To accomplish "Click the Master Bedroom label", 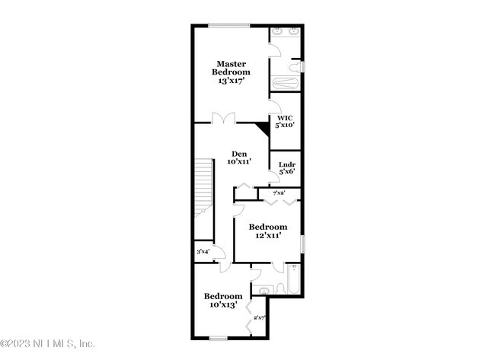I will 229,68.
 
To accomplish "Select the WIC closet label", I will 285,118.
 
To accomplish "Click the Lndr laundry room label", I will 286,164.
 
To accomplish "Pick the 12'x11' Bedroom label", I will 268,228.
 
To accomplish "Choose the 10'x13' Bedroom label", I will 222,296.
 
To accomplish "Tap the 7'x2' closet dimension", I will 278,193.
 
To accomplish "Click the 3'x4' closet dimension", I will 203,252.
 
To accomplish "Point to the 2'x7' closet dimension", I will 259,318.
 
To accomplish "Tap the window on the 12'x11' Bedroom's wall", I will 303,244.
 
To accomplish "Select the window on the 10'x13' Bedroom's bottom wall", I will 219,337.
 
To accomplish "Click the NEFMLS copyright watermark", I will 48,344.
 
